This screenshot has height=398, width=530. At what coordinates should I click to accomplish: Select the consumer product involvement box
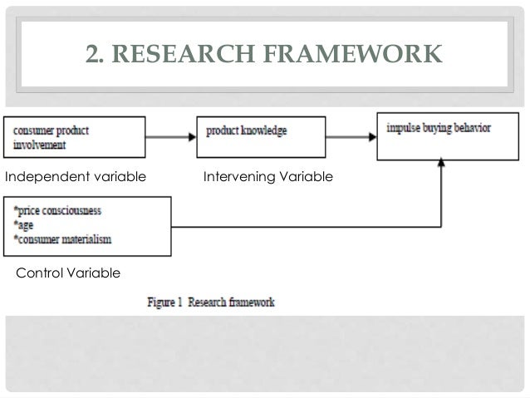click(x=75, y=137)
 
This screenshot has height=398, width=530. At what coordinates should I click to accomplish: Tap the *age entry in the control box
click(x=25, y=225)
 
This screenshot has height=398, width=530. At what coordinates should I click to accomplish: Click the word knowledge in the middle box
click(x=268, y=130)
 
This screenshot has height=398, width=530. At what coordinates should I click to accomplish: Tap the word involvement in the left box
click(x=41, y=144)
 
